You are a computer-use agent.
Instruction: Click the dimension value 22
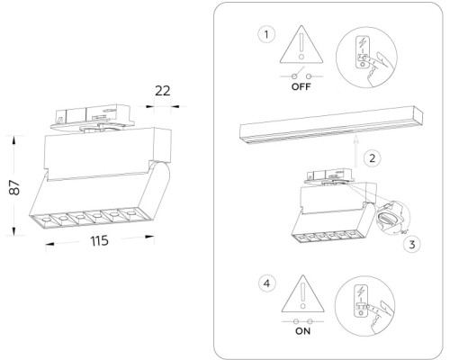(163, 90)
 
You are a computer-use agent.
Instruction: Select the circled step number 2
(369, 157)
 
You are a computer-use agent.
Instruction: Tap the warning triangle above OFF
(301, 45)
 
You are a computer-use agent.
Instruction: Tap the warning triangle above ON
(301, 295)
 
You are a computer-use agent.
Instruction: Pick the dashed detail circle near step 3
(392, 219)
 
